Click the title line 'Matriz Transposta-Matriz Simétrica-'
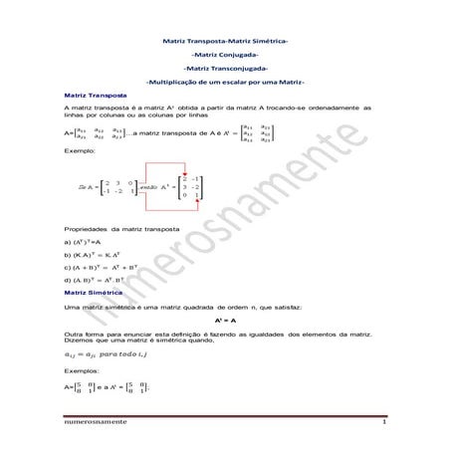point(224,40)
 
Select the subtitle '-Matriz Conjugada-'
point(224,54)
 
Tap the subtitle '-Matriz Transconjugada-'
point(224,67)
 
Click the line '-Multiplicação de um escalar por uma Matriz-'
point(224,81)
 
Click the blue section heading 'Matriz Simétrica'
point(87,295)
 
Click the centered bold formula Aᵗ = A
point(225,323)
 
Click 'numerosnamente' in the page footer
point(89,424)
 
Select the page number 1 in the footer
point(382,424)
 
